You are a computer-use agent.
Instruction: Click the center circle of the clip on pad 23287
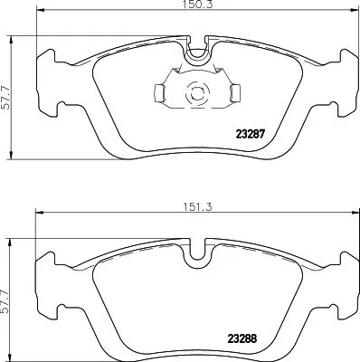tap(194, 91)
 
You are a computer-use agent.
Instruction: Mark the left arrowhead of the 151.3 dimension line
tap(36, 214)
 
